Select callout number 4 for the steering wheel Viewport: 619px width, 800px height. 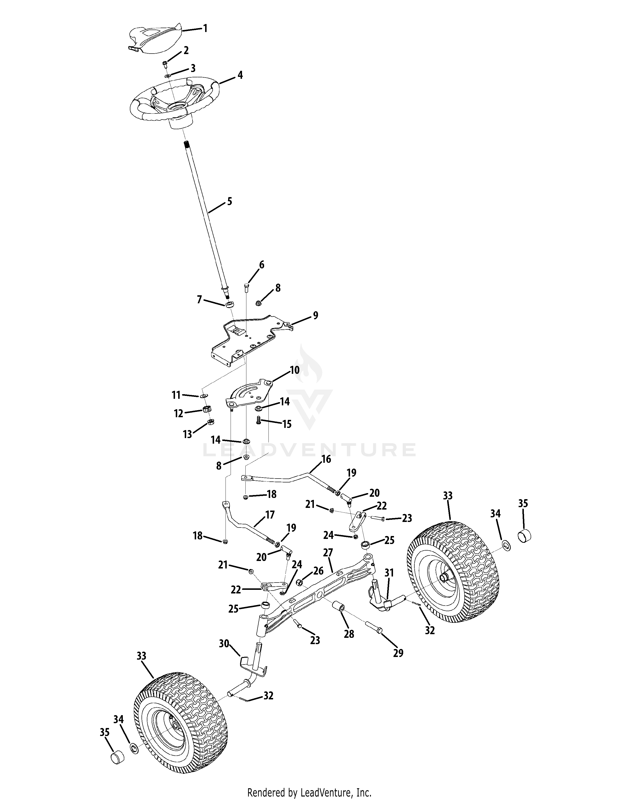tap(240, 75)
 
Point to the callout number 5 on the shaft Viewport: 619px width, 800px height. tap(230, 201)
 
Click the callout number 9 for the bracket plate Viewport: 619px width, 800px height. tap(315, 315)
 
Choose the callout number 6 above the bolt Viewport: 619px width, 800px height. tap(261, 264)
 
